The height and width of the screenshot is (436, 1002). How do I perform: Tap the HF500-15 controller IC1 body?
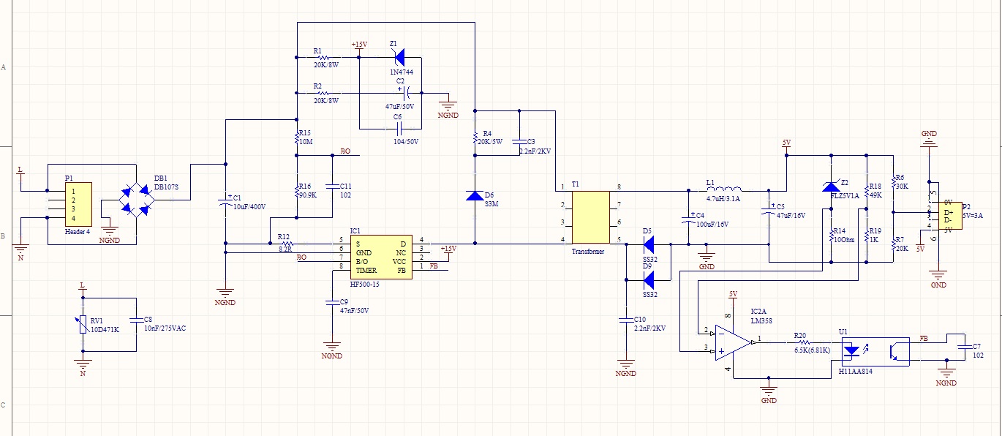pyautogui.click(x=379, y=256)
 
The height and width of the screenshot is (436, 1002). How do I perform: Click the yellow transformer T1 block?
pyautogui.click(x=590, y=217)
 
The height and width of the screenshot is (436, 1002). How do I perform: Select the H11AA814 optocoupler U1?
pyautogui.click(x=875, y=350)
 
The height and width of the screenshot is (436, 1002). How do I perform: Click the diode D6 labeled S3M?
pyautogui.click(x=474, y=195)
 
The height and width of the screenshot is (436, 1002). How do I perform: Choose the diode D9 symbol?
pyautogui.click(x=647, y=277)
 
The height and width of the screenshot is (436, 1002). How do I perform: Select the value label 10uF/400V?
pyautogui.click(x=249, y=207)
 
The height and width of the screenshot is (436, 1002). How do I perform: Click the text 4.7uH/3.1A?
pyautogui.click(x=723, y=199)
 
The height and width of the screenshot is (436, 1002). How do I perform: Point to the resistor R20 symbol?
pyautogui.click(x=804, y=342)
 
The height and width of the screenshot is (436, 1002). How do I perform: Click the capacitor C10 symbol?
pyautogui.click(x=626, y=320)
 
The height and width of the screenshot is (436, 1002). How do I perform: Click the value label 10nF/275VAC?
pyautogui.click(x=165, y=328)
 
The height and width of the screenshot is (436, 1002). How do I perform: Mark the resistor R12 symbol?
pyautogui.click(x=286, y=243)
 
